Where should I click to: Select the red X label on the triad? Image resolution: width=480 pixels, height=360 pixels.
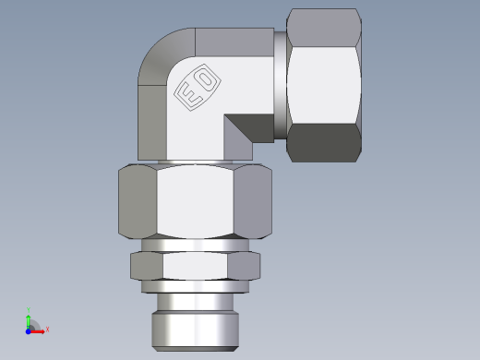point(47,330)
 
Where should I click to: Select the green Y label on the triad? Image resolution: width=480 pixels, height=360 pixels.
point(29,309)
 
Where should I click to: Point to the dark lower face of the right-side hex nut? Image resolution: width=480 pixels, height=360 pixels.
point(323,143)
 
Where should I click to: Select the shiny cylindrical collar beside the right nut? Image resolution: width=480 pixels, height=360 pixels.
point(280,85)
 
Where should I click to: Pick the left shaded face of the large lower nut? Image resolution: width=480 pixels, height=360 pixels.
point(138,202)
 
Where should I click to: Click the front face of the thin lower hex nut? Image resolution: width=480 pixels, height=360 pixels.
point(196,267)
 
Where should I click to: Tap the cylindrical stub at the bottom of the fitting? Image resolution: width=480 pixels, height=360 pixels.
point(196,318)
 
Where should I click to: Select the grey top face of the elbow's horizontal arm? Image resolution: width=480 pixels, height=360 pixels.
point(235,41)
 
